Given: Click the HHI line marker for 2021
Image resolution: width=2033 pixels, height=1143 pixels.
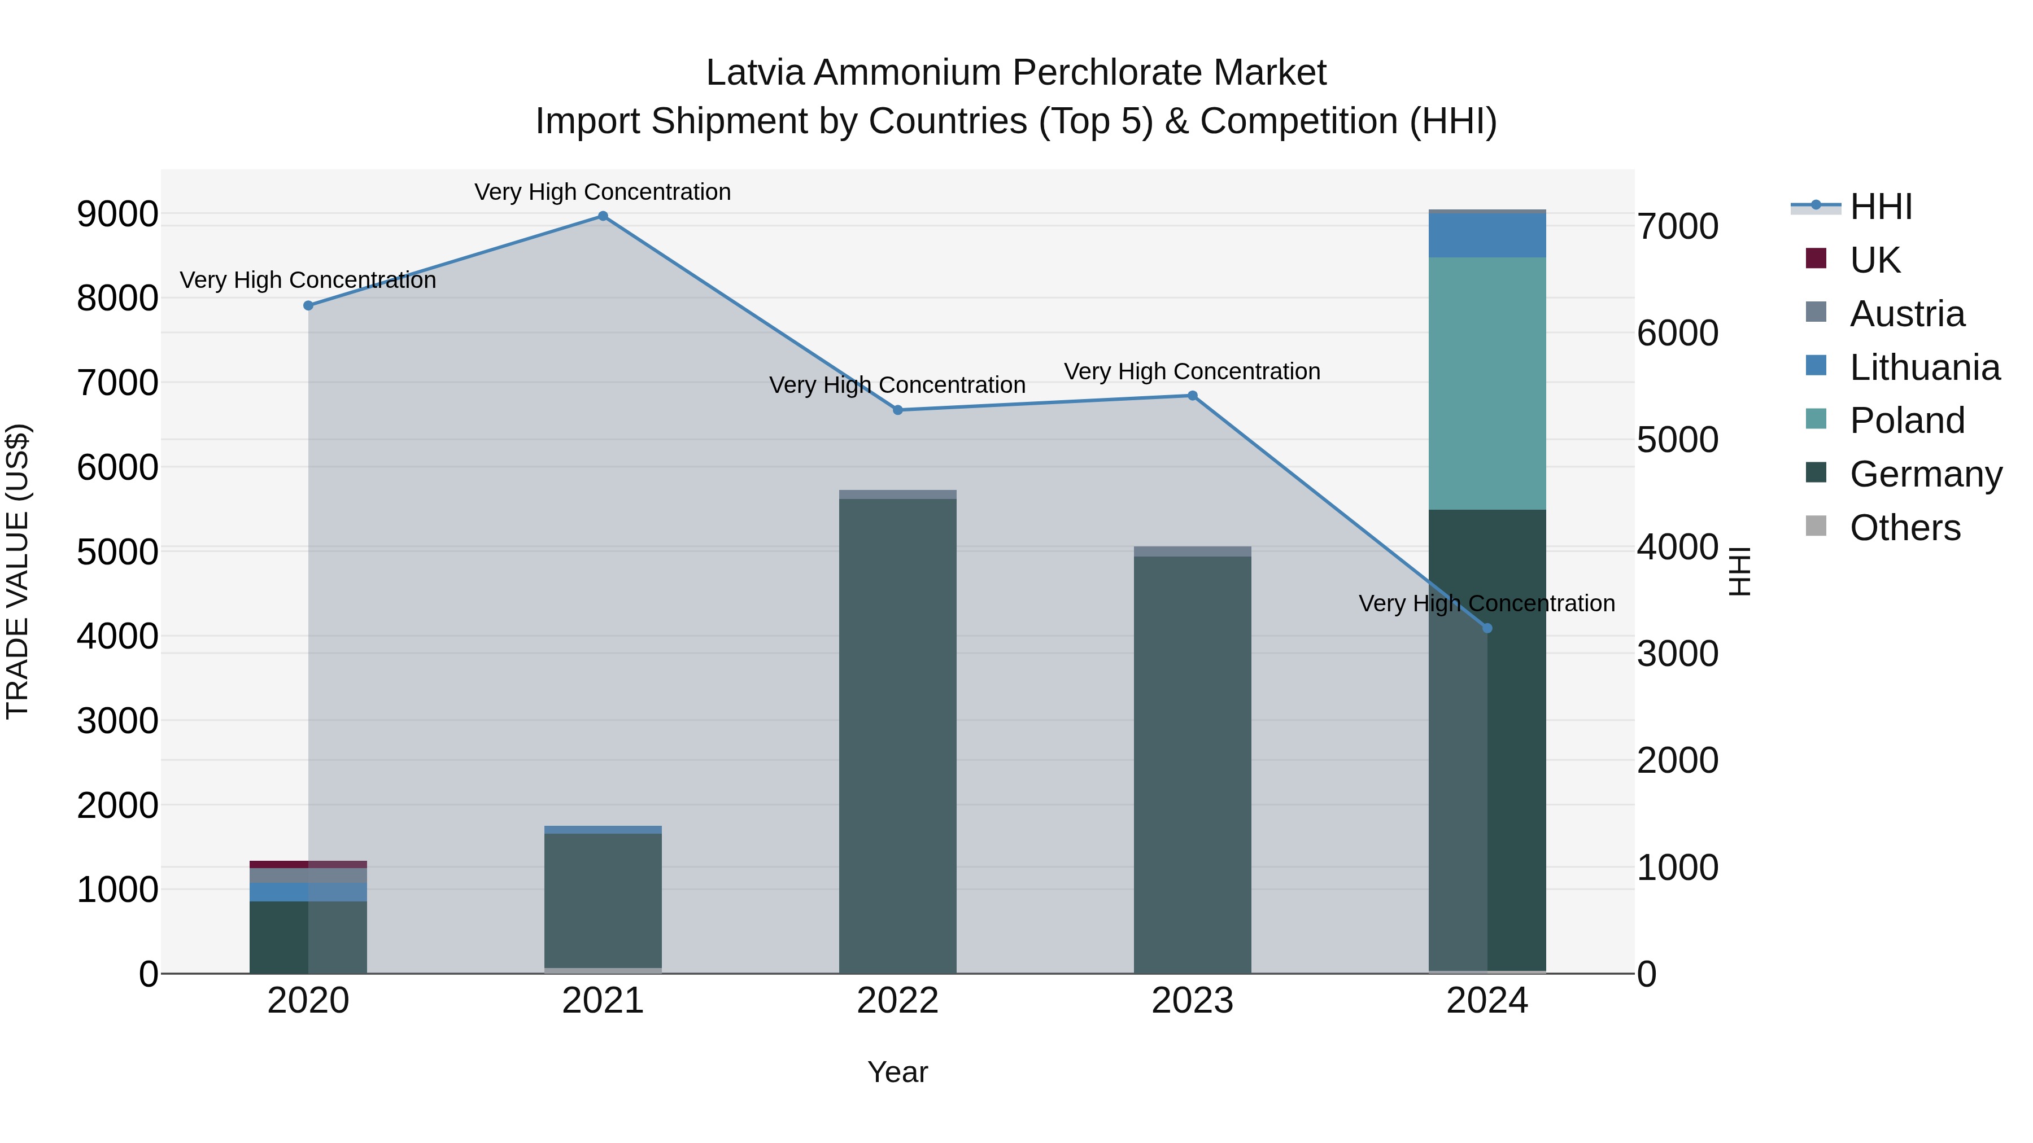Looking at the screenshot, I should click(x=603, y=216).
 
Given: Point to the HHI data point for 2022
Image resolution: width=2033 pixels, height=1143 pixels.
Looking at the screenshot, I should click(x=897, y=410).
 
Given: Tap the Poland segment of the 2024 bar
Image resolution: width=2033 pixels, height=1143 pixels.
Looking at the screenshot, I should click(x=1487, y=383).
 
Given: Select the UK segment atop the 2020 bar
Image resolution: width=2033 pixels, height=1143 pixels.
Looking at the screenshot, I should click(x=308, y=865).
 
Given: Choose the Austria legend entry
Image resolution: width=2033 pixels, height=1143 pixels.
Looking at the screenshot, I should click(x=1906, y=314).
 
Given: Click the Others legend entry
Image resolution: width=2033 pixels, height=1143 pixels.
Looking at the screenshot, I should click(x=1904, y=528).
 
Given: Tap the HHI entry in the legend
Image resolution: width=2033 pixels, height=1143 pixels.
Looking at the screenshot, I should click(x=1880, y=207).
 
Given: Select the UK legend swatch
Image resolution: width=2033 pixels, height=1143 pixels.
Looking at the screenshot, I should click(x=1816, y=259).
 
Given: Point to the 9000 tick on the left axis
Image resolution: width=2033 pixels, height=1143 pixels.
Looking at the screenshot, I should click(x=117, y=214).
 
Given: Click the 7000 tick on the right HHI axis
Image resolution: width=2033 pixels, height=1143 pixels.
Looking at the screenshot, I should click(x=1677, y=226).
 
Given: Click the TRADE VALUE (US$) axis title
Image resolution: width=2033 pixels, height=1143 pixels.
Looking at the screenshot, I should click(x=18, y=571).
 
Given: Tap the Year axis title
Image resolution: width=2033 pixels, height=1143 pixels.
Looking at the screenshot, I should click(x=897, y=1072).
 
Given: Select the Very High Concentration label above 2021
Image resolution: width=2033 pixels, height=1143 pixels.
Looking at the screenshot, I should click(x=603, y=192).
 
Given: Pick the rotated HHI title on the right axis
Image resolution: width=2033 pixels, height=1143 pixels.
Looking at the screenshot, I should click(x=1739, y=571).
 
